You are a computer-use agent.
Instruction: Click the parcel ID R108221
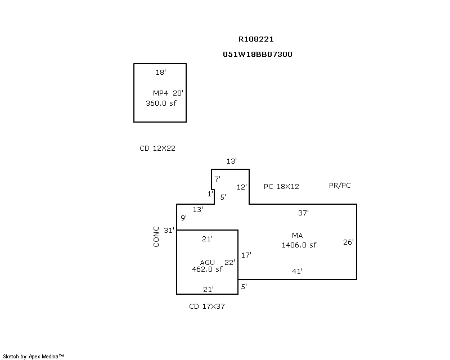pyautogui.click(x=256, y=39)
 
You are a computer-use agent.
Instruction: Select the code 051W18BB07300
pyautogui.click(x=258, y=55)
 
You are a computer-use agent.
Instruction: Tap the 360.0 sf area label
pyautogui.click(x=161, y=103)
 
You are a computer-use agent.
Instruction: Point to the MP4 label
pyautogui.click(x=160, y=93)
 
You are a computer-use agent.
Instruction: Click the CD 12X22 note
pyautogui.click(x=158, y=148)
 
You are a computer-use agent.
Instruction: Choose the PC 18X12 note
pyautogui.click(x=281, y=186)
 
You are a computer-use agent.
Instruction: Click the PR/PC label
pyautogui.click(x=340, y=186)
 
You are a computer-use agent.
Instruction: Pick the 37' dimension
pyautogui.click(x=303, y=213)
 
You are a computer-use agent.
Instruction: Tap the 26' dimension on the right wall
pyautogui.click(x=348, y=242)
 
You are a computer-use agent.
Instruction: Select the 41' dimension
pyautogui.click(x=298, y=272)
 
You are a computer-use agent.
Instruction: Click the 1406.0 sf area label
pyautogui.click(x=299, y=245)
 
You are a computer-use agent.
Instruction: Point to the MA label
pyautogui.click(x=297, y=235)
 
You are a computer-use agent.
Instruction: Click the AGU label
pyautogui.click(x=208, y=262)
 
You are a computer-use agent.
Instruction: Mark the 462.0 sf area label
pyautogui.click(x=207, y=269)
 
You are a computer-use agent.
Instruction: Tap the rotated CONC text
pyautogui.click(x=156, y=236)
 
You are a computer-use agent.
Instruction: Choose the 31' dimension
pyautogui.click(x=169, y=230)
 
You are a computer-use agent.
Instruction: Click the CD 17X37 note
pyautogui.click(x=207, y=307)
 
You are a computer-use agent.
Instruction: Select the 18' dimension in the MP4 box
pyautogui.click(x=161, y=73)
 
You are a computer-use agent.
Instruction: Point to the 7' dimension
pyautogui.click(x=217, y=179)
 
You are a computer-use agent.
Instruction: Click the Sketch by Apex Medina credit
pyautogui.click(x=34, y=356)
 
